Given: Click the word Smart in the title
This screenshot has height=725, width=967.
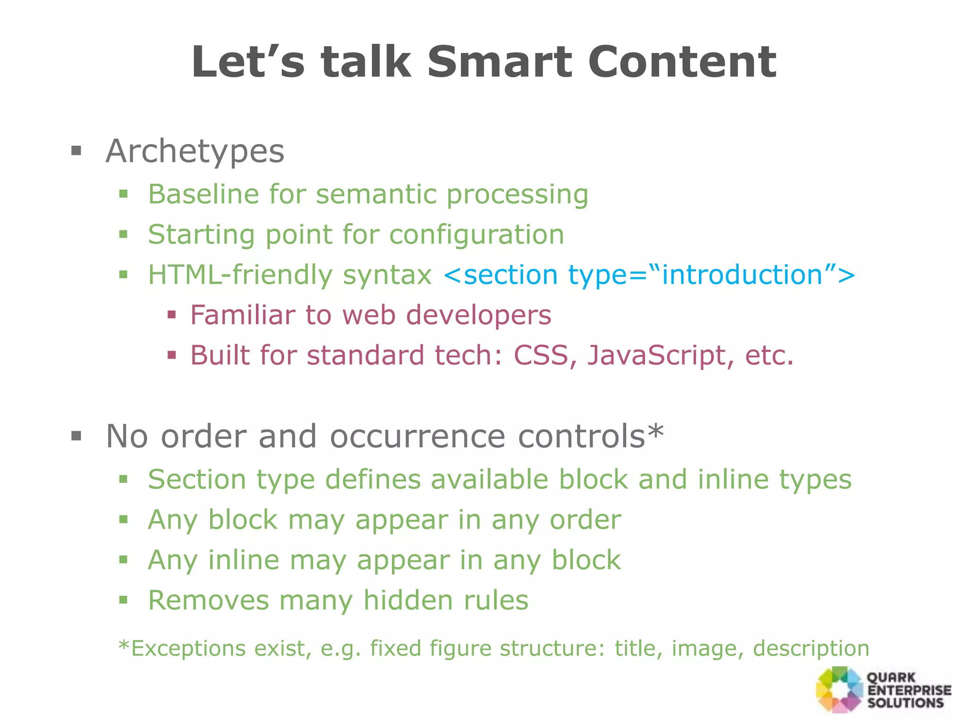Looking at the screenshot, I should point(500,62).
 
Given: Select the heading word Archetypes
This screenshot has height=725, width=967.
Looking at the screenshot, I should point(195,152).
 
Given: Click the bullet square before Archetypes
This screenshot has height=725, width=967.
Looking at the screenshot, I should point(76,152).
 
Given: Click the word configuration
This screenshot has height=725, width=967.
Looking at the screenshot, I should point(476,235).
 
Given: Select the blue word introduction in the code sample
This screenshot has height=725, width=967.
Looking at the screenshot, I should point(743,275).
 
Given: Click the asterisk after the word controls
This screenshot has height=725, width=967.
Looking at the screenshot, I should point(656,430).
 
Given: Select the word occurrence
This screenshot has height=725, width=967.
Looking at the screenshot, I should point(417,437).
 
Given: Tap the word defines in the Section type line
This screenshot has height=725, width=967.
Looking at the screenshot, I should point(373,480).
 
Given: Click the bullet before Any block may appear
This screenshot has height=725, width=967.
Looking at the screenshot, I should point(124,520).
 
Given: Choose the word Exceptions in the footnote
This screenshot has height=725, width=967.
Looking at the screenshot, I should point(188,648).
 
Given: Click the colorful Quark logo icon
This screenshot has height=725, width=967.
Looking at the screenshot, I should point(840,690).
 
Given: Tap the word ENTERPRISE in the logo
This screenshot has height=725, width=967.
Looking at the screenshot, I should point(909,690).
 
